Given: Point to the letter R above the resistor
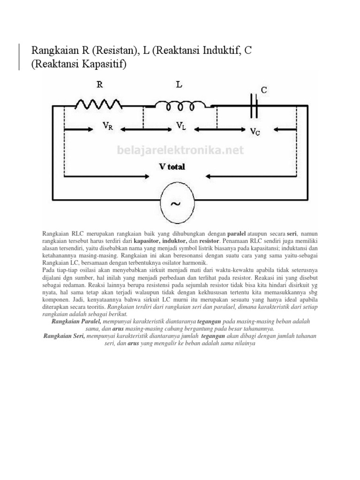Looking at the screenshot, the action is [99, 85].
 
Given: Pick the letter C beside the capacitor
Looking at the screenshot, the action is [264, 90].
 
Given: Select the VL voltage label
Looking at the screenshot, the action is [181, 125].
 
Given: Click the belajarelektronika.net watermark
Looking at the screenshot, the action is [180, 150].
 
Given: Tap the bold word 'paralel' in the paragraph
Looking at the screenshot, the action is [237, 233].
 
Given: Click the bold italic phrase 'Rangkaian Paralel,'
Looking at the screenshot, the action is [74, 322].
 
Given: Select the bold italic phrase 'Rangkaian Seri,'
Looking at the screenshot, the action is [64, 336].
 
